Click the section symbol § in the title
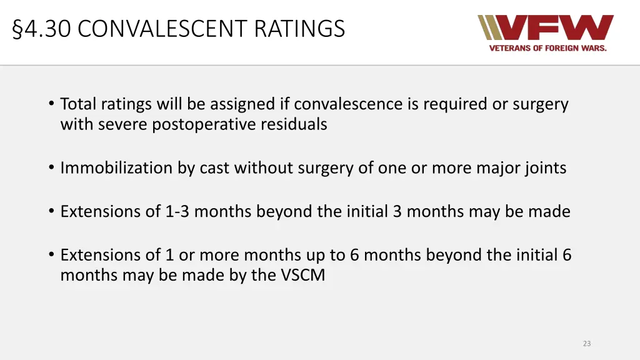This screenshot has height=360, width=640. [x=17, y=29]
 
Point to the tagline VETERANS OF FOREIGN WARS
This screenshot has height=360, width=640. [x=547, y=48]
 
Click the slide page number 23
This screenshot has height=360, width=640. [x=586, y=343]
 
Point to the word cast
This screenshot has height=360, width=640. [x=214, y=168]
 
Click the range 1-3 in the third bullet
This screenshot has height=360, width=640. [x=177, y=211]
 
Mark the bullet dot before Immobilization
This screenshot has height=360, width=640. [x=50, y=168]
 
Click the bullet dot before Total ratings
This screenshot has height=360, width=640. [x=50, y=104]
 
